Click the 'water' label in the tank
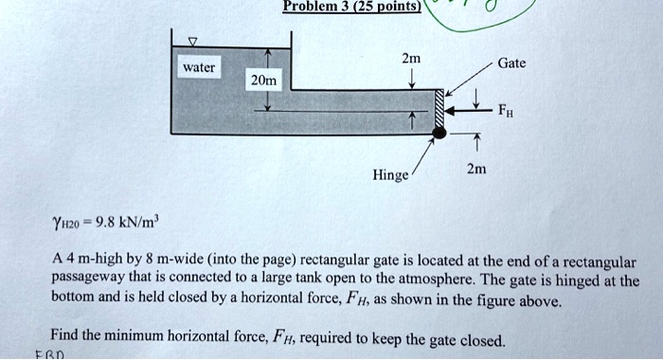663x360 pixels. tap(200, 67)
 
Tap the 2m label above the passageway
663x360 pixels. tap(411, 60)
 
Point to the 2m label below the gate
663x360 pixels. tap(477, 170)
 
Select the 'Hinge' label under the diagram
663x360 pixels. tap(391, 175)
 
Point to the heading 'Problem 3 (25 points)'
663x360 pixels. tap(338, 8)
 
